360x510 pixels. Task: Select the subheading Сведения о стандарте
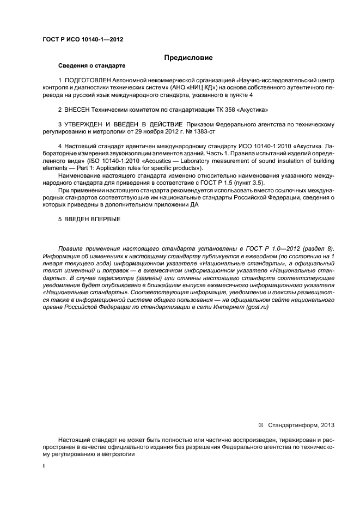coord(91,66)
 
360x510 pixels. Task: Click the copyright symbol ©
coord(260,423)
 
